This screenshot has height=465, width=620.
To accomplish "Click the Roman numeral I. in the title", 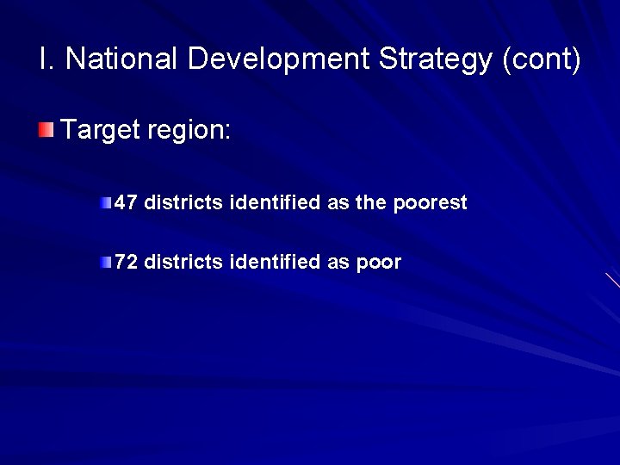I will [46, 59].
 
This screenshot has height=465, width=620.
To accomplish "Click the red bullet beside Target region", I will [46, 131].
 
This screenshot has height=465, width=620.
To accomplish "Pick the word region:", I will [189, 131].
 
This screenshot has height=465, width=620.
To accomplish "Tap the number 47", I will [126, 203].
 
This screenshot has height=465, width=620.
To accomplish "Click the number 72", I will [126, 262].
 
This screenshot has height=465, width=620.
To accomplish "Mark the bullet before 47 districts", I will [105, 203].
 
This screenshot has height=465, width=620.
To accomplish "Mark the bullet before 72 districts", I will [105, 262].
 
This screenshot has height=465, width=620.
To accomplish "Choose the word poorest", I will [430, 203].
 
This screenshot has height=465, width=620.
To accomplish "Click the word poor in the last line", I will [379, 262].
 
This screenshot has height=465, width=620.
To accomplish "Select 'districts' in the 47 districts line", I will [183, 203].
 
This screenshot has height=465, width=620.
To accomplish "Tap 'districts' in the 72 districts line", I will [183, 262].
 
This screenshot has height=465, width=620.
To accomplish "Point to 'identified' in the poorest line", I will [275, 203].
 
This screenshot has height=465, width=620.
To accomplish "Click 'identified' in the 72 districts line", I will [275, 262].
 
